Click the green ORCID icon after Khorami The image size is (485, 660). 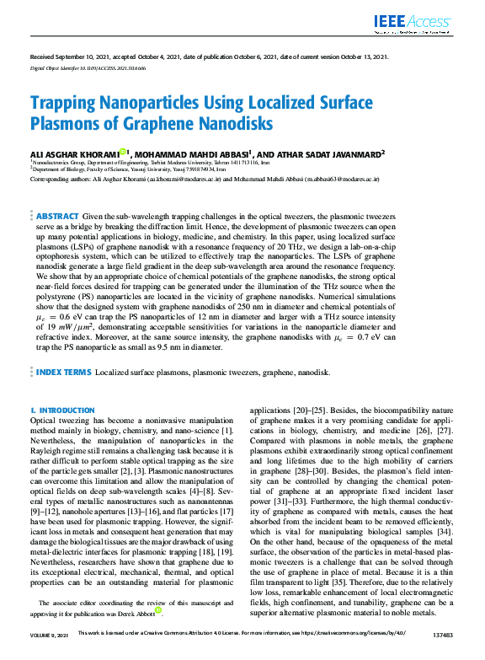[123, 153]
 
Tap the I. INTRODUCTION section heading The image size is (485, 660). [62, 410]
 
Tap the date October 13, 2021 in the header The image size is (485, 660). [360, 56]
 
